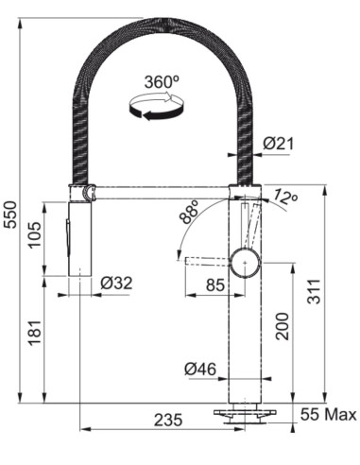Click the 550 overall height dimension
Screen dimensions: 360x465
[x=10, y=214]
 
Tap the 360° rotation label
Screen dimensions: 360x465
[x=162, y=82]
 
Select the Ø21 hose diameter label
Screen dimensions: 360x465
[x=278, y=144]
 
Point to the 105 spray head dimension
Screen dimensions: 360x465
[x=34, y=234]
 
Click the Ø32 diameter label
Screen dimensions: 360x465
[x=116, y=284]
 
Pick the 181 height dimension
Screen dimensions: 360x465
[x=35, y=333]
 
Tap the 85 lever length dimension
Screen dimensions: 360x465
[x=215, y=285]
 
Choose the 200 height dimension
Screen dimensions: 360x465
[x=282, y=326]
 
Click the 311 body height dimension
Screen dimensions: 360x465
[x=314, y=291]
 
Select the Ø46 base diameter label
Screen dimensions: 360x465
[x=200, y=369]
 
